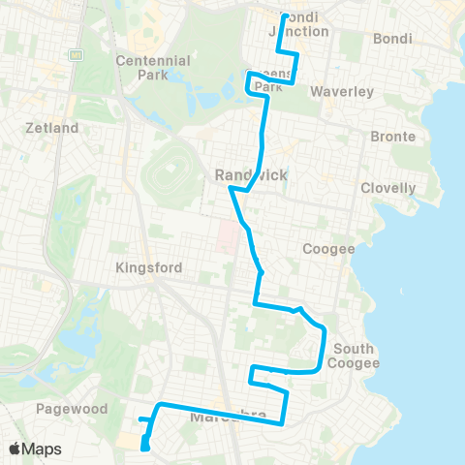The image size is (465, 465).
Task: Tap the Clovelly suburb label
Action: pyautogui.click(x=387, y=188)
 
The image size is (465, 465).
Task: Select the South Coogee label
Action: pyautogui.click(x=355, y=356)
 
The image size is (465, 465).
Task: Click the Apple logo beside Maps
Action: pyautogui.click(x=15, y=449)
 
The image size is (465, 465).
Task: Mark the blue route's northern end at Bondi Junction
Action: pyautogui.click(x=283, y=16)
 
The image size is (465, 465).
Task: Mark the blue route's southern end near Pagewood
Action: pyautogui.click(x=144, y=448)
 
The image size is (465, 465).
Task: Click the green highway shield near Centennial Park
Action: pyautogui.click(x=76, y=55)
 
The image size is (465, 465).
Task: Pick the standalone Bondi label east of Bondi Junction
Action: pyautogui.click(x=392, y=39)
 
